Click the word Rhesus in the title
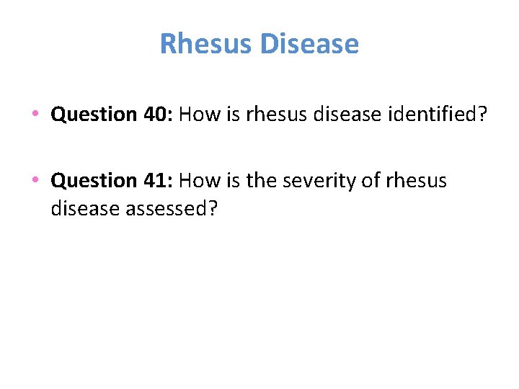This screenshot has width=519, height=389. [x=206, y=44]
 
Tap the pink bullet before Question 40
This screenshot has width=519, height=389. [x=35, y=115]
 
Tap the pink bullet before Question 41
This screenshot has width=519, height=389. [x=35, y=180]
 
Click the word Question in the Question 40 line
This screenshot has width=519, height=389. [x=94, y=115]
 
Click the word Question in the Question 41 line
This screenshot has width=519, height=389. [x=94, y=180]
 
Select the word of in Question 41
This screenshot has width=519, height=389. [x=368, y=180]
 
